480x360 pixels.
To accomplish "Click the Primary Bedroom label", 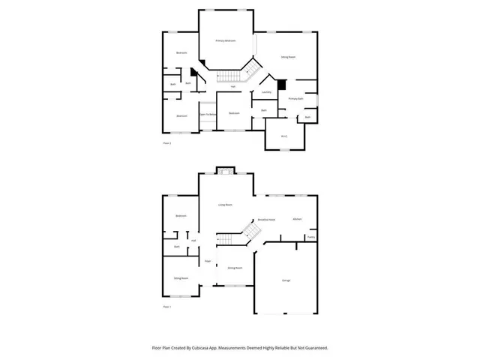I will [226, 40].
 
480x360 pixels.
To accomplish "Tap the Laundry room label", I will [265, 92].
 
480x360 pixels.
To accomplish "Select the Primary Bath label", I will [295, 99].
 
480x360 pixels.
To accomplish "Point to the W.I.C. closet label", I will [284, 136].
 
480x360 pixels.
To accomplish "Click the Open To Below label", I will [208, 115].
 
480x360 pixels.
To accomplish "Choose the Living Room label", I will [225, 204].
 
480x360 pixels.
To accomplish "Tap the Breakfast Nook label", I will [266, 220].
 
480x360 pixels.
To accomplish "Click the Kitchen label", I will [297, 218].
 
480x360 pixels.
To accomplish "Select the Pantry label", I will [310, 238].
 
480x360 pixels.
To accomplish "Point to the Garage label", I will [286, 280].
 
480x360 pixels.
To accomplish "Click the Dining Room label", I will [234, 268].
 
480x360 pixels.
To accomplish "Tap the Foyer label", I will [208, 261].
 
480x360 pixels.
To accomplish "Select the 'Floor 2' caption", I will [167, 142].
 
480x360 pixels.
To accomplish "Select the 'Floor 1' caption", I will [167, 307].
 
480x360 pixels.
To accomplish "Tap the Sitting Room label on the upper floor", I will [287, 57].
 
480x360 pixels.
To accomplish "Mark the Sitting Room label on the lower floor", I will [181, 278].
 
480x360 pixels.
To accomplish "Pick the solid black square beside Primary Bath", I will [282, 84].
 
